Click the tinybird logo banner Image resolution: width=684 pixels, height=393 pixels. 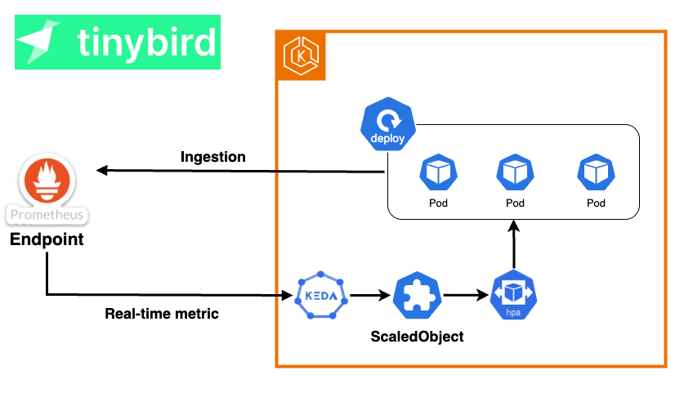(x=118, y=42)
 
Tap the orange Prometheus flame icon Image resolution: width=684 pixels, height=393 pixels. (x=47, y=182)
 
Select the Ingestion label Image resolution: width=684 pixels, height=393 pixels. (x=212, y=157)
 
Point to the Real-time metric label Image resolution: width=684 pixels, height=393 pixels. (x=162, y=313)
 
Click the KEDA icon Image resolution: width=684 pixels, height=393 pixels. (x=320, y=295)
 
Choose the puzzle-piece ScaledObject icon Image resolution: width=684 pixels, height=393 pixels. (x=418, y=295)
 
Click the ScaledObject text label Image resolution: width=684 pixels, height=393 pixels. (x=418, y=336)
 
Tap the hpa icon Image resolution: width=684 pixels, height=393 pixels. (x=514, y=297)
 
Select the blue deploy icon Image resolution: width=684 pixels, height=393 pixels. (x=387, y=127)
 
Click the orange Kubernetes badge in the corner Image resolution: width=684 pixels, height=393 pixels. (x=300, y=56)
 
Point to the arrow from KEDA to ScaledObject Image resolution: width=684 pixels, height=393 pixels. (x=369, y=295)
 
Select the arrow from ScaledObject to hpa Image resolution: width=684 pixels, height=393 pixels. (x=466, y=295)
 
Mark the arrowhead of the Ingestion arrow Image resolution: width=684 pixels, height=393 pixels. (x=101, y=170)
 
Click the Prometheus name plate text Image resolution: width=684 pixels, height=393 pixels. (x=47, y=215)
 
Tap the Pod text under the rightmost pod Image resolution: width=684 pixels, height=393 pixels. (x=596, y=203)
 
